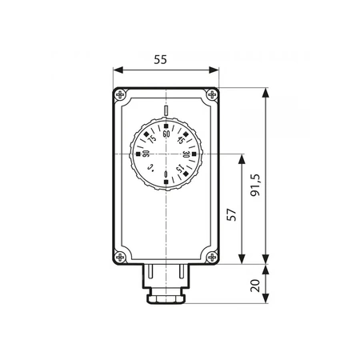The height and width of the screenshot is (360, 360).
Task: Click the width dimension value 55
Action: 164,59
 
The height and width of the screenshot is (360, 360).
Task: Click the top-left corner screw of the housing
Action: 120,95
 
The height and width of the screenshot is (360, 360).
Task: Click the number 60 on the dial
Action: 166,134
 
